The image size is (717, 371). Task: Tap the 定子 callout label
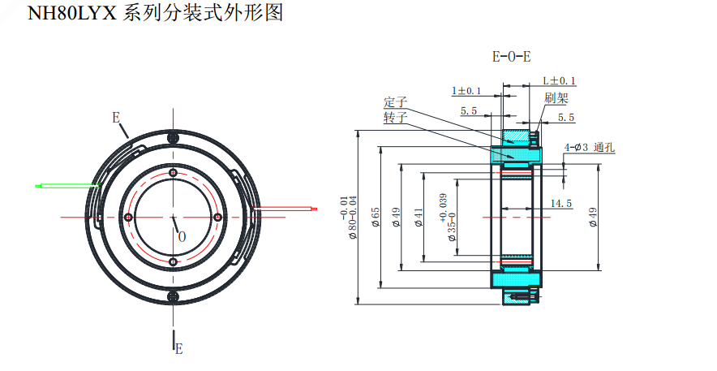[395, 103]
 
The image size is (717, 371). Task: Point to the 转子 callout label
[395, 118]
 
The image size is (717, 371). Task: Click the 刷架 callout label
[556, 98]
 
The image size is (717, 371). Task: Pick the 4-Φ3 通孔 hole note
[590, 148]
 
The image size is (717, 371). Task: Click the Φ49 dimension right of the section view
[593, 217]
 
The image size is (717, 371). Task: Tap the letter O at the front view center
[182, 236]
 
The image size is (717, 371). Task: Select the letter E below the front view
[178, 349]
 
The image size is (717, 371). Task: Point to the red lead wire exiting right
[284, 208]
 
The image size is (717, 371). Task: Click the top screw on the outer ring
[172, 139]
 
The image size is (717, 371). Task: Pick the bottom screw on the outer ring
[173, 296]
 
